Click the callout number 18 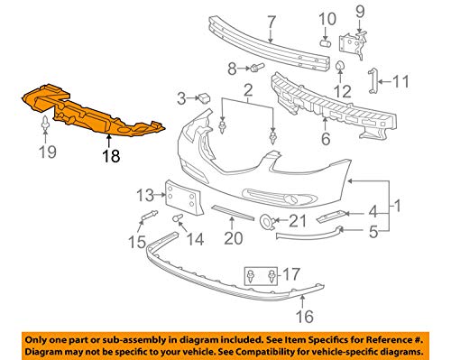109,156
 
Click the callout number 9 361,12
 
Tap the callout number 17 290,273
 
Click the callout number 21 297,220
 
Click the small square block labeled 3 205,97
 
